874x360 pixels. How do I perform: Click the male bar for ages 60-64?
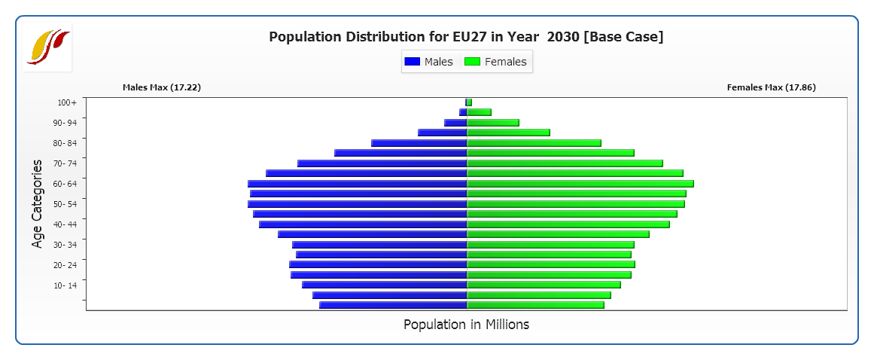358,184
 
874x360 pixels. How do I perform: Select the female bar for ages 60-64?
580,184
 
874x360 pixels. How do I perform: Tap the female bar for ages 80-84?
534,143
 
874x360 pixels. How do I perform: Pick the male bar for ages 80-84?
419,143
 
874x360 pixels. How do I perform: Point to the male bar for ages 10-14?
385,285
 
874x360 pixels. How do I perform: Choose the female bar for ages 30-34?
550,245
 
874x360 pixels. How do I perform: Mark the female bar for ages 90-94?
493,123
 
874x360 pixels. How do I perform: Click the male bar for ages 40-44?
363,224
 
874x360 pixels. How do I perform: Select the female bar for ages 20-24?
551,264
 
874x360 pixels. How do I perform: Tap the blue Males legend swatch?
412,62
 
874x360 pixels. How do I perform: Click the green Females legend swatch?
472,62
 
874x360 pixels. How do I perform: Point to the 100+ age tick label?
67,102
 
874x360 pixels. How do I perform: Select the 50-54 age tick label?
65,204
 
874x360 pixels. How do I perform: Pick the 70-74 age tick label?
65,163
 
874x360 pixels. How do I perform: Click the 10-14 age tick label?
65,285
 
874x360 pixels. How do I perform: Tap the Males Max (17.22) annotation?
162,87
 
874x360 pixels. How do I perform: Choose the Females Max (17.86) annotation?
771,87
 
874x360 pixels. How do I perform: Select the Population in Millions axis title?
466,325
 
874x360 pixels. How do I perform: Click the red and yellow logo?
47,47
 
